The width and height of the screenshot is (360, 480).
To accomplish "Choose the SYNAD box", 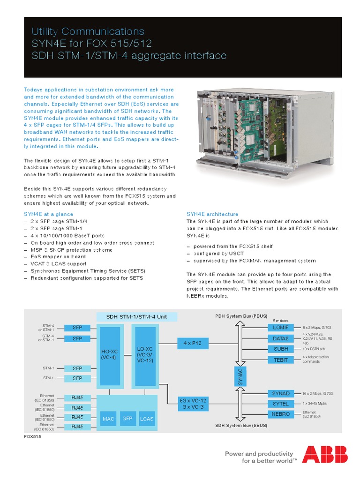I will pos(280,393).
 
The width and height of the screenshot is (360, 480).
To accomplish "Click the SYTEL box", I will pos(280,404).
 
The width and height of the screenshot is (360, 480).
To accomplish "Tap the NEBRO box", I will pos(280,414).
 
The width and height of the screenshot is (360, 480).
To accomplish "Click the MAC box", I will pos(108,418).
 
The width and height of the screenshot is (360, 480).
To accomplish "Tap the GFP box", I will pos(127,418).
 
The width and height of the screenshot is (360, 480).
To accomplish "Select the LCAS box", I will pos(146,418).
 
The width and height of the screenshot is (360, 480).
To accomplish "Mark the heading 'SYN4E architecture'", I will pos(212,214).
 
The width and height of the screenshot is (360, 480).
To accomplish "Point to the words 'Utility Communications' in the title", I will pos(88,31).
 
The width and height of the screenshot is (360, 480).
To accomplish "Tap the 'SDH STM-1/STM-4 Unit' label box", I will pos(136,316).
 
